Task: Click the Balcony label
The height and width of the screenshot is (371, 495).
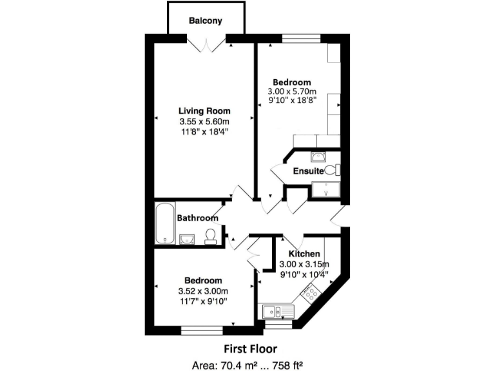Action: point(206,21)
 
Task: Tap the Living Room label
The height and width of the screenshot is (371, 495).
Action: point(204,111)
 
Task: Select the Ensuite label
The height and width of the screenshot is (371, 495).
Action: point(308,171)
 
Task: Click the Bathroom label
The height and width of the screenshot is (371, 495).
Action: point(198,218)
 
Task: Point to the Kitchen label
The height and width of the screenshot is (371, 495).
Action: point(304,254)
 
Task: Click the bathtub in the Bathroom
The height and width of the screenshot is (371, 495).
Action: point(165,224)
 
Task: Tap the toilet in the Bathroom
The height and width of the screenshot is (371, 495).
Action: point(210,238)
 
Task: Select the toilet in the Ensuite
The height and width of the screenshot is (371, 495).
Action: point(332,171)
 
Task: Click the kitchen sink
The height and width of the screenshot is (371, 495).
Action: point(278,312)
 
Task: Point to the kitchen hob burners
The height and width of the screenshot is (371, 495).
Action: point(311,294)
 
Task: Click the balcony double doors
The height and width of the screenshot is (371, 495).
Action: point(206,44)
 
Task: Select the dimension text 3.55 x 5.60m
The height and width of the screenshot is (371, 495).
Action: point(204,121)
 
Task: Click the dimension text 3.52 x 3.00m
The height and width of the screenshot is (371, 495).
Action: point(204,290)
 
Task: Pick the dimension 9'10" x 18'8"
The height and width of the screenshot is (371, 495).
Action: point(291,102)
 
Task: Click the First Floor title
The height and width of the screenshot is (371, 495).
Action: point(250,349)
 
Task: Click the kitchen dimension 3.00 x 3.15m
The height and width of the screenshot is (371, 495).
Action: point(304,264)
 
